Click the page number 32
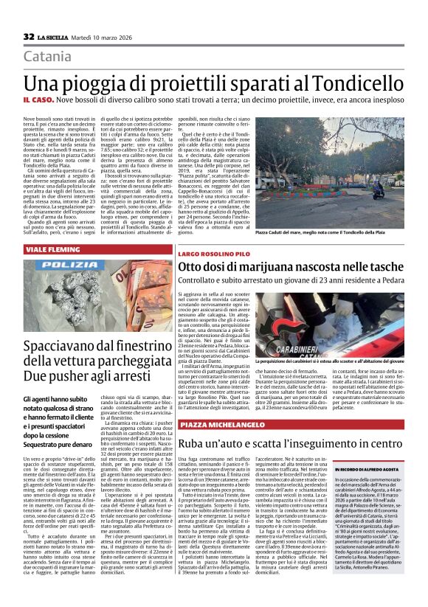click(x=30, y=36)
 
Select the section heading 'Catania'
click(x=46, y=57)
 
